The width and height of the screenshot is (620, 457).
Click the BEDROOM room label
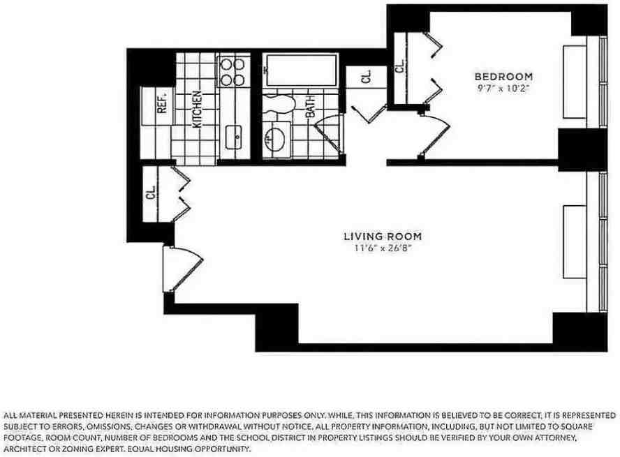(x=503, y=76)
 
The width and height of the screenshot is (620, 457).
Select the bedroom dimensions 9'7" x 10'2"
(x=503, y=88)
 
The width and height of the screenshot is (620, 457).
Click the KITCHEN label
(x=198, y=109)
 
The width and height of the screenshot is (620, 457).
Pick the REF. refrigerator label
(x=161, y=104)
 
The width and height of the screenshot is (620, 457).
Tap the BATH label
(x=310, y=107)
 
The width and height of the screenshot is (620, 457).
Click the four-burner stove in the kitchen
(x=232, y=70)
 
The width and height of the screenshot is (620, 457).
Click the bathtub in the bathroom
(x=302, y=71)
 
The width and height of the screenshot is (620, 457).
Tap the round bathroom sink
(x=278, y=137)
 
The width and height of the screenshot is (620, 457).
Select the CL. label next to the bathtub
(x=367, y=77)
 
